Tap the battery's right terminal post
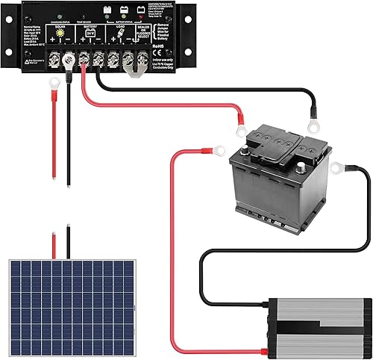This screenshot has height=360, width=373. pyautogui.click(x=304, y=149)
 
